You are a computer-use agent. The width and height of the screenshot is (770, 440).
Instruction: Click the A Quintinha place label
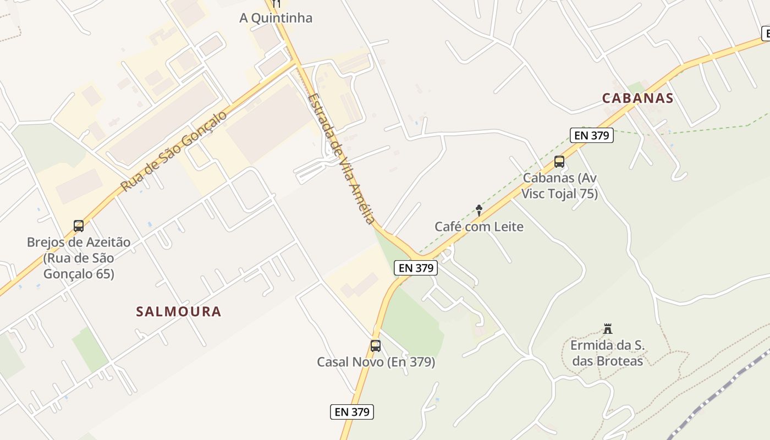pos(276,18)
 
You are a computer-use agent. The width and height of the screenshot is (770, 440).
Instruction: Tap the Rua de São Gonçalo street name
pos(173,152)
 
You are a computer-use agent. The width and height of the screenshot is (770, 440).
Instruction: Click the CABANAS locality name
pos(637,98)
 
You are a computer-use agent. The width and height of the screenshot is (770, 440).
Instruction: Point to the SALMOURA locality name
pos(178,312)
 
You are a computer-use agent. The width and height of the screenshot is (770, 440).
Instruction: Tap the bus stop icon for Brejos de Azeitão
pos(79,226)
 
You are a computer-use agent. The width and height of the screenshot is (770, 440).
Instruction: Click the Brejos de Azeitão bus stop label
pos(79,258)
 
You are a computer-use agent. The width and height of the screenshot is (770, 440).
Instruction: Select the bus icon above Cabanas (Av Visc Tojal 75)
pos(559,162)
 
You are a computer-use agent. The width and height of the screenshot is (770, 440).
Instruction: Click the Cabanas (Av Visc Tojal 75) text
pos(559,186)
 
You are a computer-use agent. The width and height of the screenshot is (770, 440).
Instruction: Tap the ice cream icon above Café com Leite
pos(479,210)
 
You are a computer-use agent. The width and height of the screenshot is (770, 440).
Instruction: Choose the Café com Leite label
pos(479,227)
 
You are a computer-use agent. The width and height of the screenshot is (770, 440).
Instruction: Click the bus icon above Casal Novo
pos(376,346)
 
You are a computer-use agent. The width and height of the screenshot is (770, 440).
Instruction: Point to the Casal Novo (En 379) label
pos(376,362)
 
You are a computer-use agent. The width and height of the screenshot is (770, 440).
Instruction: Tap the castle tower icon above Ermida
pos(608,329)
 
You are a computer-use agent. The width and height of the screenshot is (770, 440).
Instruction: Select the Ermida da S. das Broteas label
pos(607,353)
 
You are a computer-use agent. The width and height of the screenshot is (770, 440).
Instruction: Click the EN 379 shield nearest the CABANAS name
pos(591,135)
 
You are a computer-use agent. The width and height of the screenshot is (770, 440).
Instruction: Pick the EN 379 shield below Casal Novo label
pos(352,411)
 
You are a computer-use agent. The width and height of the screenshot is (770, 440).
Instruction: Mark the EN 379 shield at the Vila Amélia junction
pos(416,268)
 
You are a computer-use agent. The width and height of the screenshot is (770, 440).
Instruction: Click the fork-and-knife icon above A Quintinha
pos(276,3)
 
